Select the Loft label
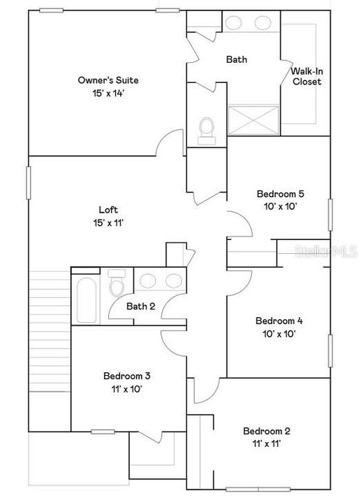[107, 209]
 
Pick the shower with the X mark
[254, 120]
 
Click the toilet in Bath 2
[117, 286]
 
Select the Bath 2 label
[140, 306]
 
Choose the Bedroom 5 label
[280, 195]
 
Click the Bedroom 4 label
[278, 321]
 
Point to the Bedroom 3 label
[126, 376]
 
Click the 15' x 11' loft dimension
[107, 222]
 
